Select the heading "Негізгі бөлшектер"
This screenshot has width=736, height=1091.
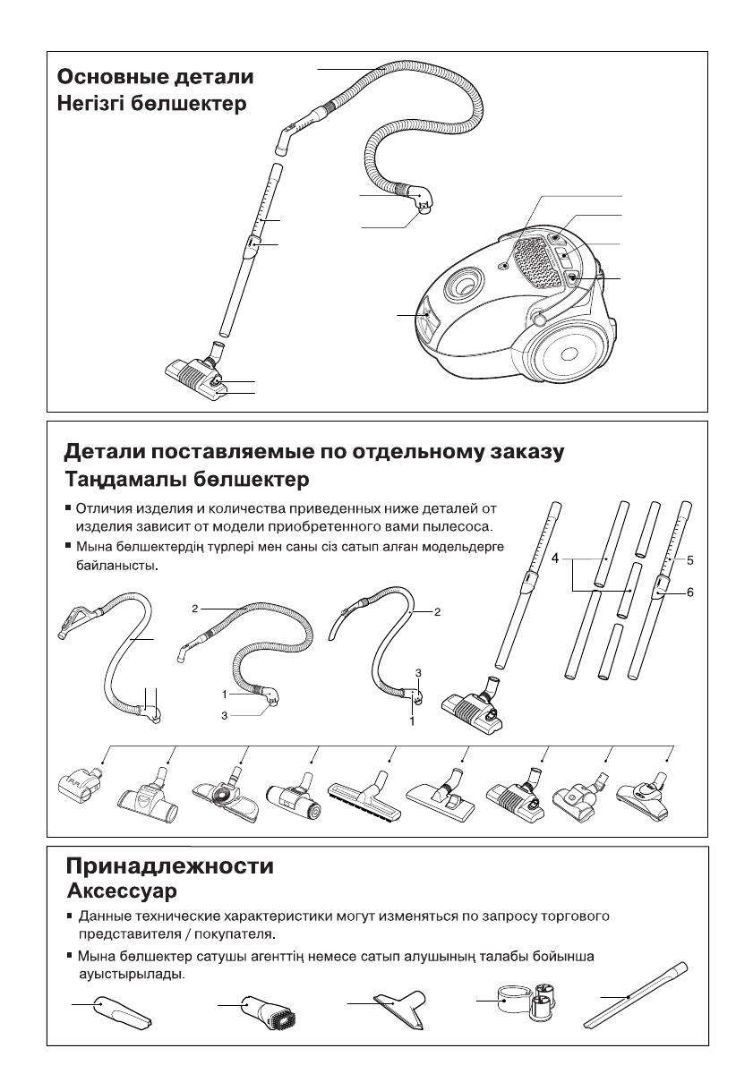[152, 104]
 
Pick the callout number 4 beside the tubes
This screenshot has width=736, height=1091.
[556, 558]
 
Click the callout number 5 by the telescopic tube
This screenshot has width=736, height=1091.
[691, 559]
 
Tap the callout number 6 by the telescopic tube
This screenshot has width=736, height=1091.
[691, 592]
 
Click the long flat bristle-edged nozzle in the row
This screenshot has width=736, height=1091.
[363, 792]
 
